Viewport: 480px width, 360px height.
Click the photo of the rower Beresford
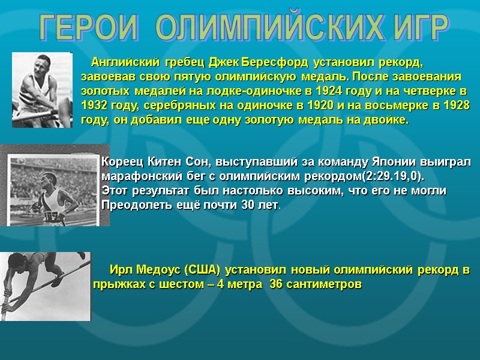[x=42, y=90]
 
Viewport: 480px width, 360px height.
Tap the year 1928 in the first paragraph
[x=454, y=106]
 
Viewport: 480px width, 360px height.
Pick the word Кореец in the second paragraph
[x=122, y=162]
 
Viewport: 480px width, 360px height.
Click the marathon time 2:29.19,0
[x=392, y=176]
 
